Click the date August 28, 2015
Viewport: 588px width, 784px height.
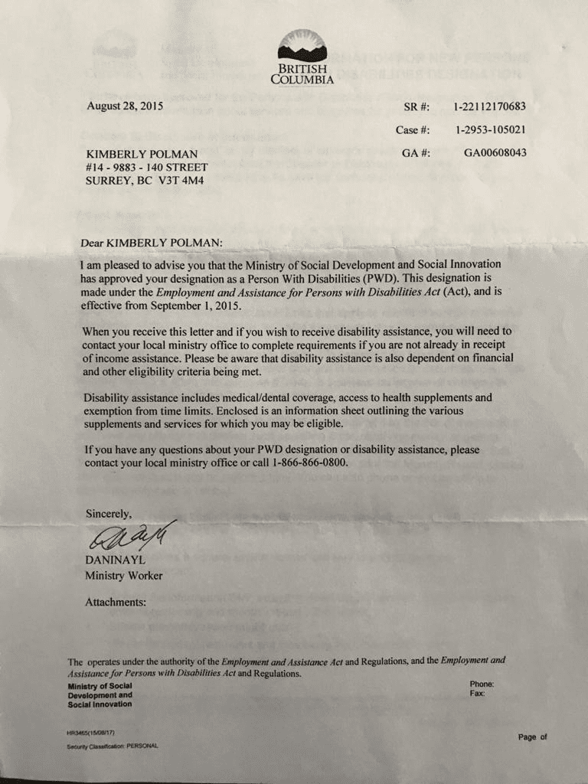125,106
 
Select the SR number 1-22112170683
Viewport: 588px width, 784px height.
490,106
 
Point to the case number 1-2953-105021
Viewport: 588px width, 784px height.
490,129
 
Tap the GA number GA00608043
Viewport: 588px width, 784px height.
495,152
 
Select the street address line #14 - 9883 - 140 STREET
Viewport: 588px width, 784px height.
146,168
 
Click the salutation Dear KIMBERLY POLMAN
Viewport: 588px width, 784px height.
153,242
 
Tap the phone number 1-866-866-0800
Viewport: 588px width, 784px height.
298,463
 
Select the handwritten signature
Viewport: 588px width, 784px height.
132,537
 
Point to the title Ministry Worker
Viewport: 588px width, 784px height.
123,576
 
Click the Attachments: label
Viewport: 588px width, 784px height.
116,602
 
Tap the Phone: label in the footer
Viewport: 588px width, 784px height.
482,684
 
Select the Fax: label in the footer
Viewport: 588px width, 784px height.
477,693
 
